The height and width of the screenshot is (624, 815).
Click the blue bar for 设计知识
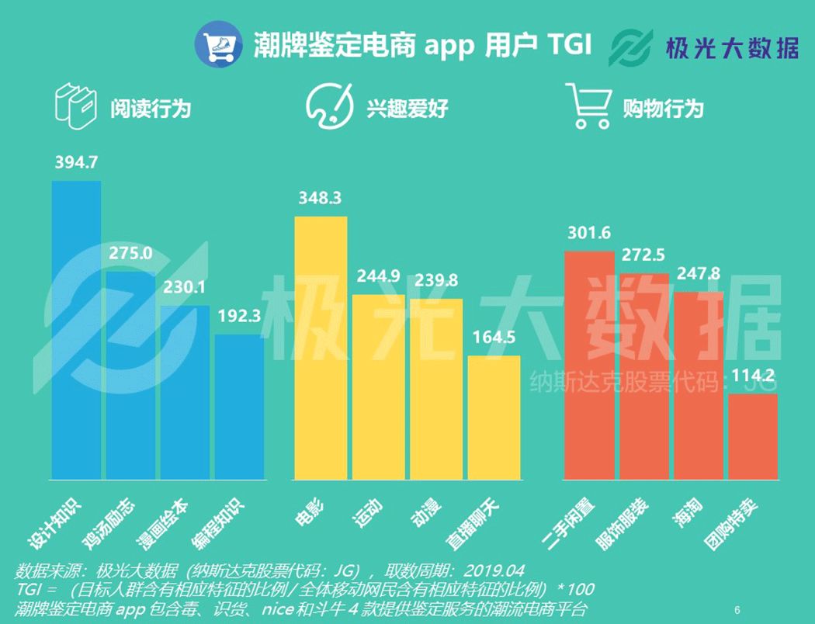(76, 330)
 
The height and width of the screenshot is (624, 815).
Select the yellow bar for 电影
(321, 348)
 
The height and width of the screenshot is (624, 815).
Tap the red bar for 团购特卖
(752, 437)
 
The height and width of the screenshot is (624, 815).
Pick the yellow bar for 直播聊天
(494, 418)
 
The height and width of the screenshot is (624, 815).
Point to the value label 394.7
(76, 163)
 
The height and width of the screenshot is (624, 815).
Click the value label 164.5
(494, 338)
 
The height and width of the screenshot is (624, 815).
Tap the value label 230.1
(184, 288)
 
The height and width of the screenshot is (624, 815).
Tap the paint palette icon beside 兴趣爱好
(328, 106)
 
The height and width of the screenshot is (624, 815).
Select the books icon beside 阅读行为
(76, 106)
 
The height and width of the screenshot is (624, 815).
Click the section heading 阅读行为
(150, 107)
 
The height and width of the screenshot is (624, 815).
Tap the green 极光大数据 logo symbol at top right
(632, 48)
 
